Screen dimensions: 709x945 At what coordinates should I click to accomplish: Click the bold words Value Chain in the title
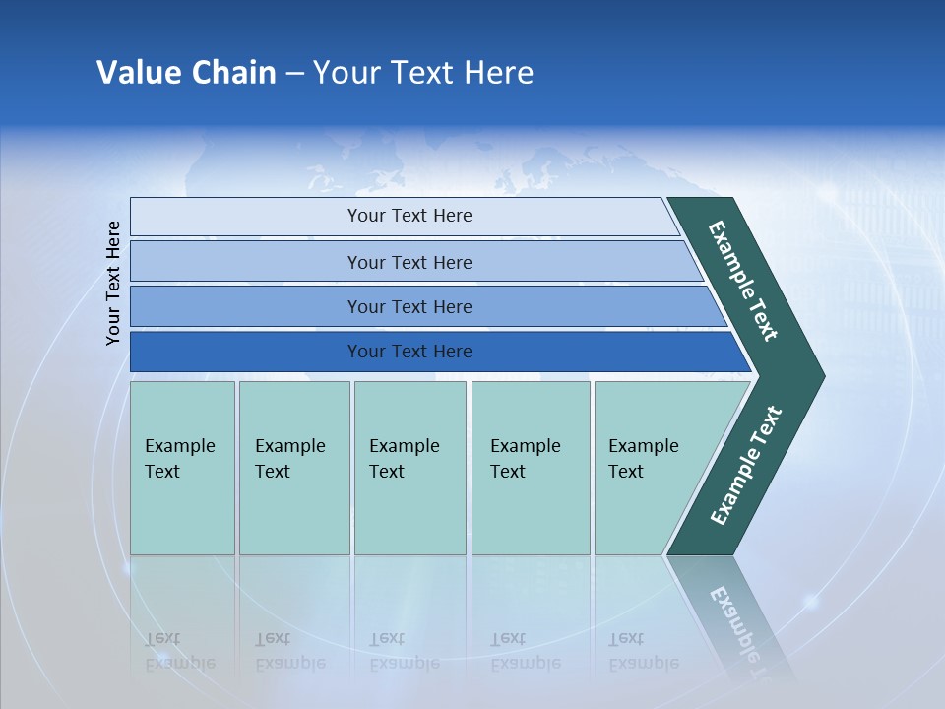(186, 73)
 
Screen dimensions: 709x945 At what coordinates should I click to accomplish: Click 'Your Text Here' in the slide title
(423, 73)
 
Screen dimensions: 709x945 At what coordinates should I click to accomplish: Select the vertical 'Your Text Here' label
(113, 283)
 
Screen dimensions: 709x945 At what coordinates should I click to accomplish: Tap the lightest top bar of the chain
(246, 217)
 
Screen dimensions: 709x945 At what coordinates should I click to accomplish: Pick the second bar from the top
(246, 262)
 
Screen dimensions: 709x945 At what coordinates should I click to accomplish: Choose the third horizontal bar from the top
(246, 306)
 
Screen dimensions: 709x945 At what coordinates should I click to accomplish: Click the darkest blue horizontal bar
(246, 352)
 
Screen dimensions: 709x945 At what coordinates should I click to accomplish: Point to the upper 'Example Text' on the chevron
(743, 281)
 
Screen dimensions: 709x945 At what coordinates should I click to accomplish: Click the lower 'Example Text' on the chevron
(746, 466)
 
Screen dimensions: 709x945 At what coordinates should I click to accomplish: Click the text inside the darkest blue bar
(409, 352)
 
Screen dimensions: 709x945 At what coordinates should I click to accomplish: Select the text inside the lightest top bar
(409, 216)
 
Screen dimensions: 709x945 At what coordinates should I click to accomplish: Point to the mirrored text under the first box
(179, 651)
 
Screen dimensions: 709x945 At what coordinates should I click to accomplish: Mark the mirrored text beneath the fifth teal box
(643, 651)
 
